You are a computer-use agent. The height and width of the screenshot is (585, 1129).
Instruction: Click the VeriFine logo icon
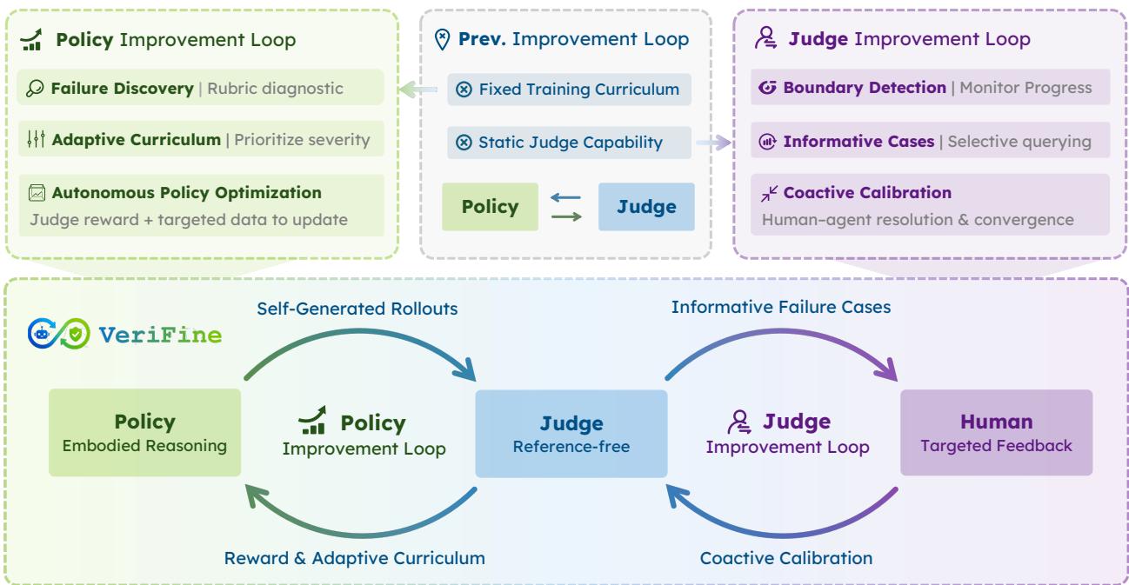[59, 334]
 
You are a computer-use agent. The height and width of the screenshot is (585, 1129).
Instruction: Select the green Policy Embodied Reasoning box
[144, 432]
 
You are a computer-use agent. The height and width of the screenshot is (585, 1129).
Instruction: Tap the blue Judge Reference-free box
[571, 434]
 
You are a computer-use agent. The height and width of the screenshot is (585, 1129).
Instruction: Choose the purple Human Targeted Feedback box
[997, 432]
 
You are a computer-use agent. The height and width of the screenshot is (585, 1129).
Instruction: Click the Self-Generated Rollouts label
[357, 309]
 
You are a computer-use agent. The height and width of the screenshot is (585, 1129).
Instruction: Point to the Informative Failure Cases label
[781, 307]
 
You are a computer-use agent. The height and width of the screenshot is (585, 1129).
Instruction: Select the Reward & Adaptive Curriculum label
[354, 558]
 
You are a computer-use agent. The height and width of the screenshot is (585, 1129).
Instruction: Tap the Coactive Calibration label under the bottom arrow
[785, 558]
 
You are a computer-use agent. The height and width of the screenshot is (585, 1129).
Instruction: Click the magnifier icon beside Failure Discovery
[35, 88]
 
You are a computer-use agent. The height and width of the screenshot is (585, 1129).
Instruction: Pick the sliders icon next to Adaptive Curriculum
[37, 138]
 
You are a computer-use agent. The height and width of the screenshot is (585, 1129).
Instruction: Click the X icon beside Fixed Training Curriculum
[464, 90]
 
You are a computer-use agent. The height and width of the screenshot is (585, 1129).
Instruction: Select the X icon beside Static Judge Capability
[464, 142]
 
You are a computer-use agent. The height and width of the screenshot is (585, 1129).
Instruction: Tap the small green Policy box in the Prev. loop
[490, 207]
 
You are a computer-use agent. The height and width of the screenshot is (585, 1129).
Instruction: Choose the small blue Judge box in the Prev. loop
[646, 207]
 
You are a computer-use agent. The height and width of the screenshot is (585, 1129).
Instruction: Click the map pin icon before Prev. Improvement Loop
[442, 39]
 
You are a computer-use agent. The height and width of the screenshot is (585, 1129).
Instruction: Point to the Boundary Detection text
[865, 87]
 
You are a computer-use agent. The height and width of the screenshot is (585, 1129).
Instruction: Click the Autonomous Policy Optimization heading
[186, 192]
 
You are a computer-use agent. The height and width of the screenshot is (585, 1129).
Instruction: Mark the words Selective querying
[1019, 142]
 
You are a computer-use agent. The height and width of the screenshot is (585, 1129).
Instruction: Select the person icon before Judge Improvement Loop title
[765, 37]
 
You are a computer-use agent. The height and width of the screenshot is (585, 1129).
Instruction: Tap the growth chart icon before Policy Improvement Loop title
[32, 39]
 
